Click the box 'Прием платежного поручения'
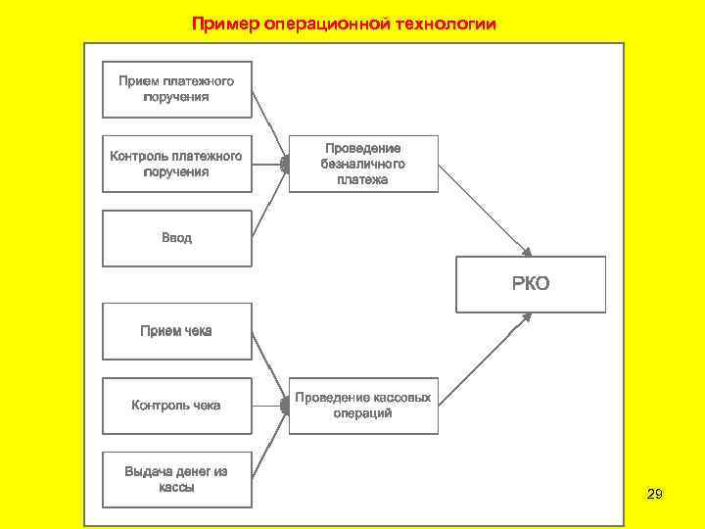point(176,89)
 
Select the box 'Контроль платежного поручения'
point(176,164)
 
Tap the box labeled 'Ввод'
point(176,238)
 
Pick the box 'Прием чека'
point(176,331)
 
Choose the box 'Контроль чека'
point(176,405)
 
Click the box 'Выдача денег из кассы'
point(176,479)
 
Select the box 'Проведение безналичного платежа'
point(363,164)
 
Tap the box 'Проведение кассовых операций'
point(363,406)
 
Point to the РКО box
point(531,284)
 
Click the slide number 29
point(655,495)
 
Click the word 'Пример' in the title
point(224,23)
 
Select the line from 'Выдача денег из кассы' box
point(268,447)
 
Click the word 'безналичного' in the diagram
point(363,165)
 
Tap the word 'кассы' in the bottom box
point(176,487)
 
